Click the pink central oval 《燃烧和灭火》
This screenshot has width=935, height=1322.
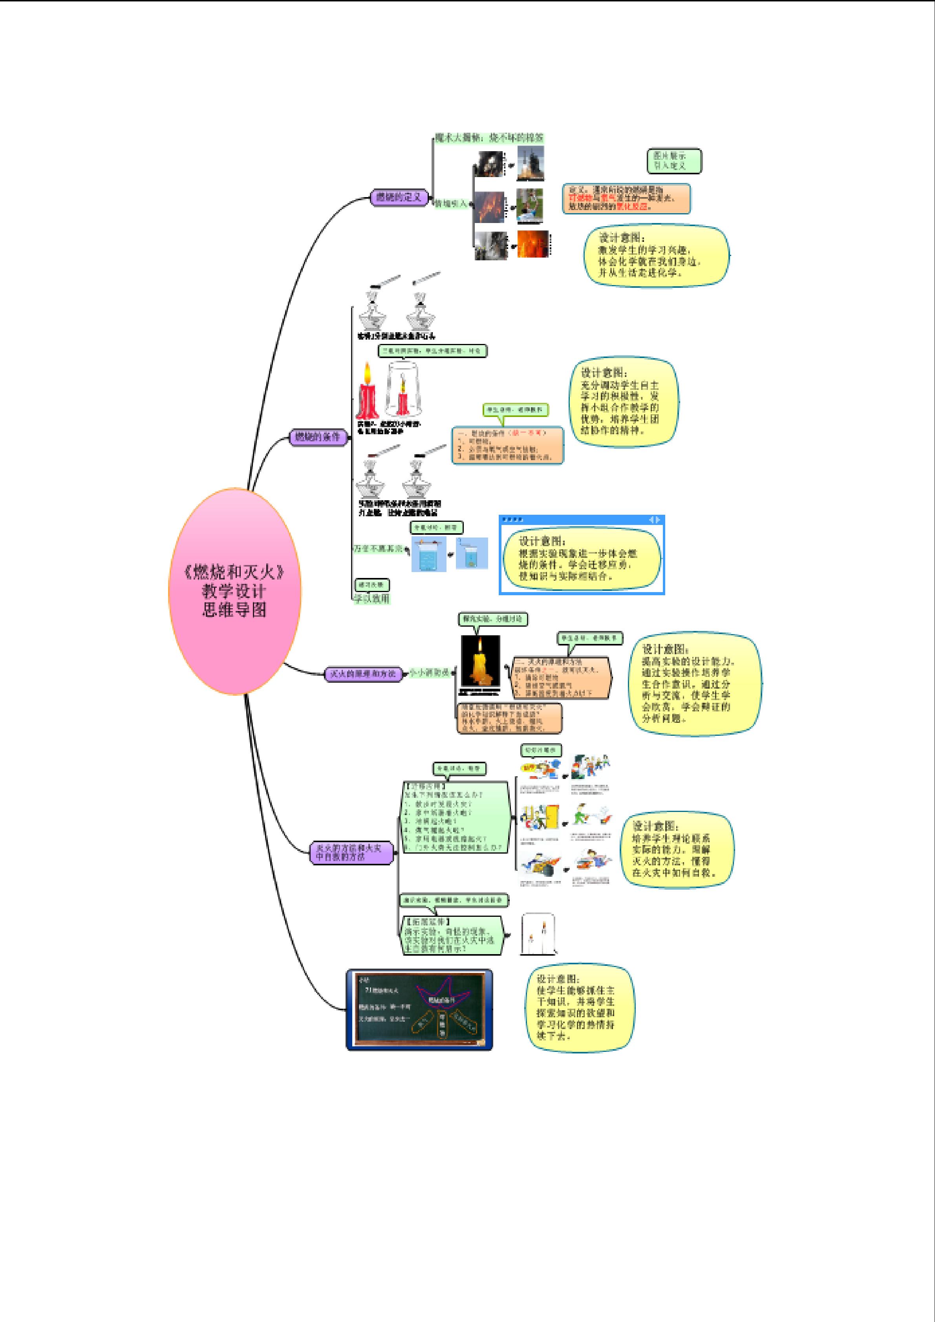(234, 591)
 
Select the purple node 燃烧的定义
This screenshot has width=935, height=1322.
(399, 197)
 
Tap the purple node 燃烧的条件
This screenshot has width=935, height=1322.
(318, 437)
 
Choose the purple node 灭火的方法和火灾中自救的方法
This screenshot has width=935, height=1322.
(351, 852)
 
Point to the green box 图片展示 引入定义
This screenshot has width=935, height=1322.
(674, 161)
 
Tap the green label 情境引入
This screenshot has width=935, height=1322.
(451, 204)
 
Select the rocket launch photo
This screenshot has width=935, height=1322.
(530, 163)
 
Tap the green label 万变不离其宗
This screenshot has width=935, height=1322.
(378, 549)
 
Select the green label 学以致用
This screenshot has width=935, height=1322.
(372, 599)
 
